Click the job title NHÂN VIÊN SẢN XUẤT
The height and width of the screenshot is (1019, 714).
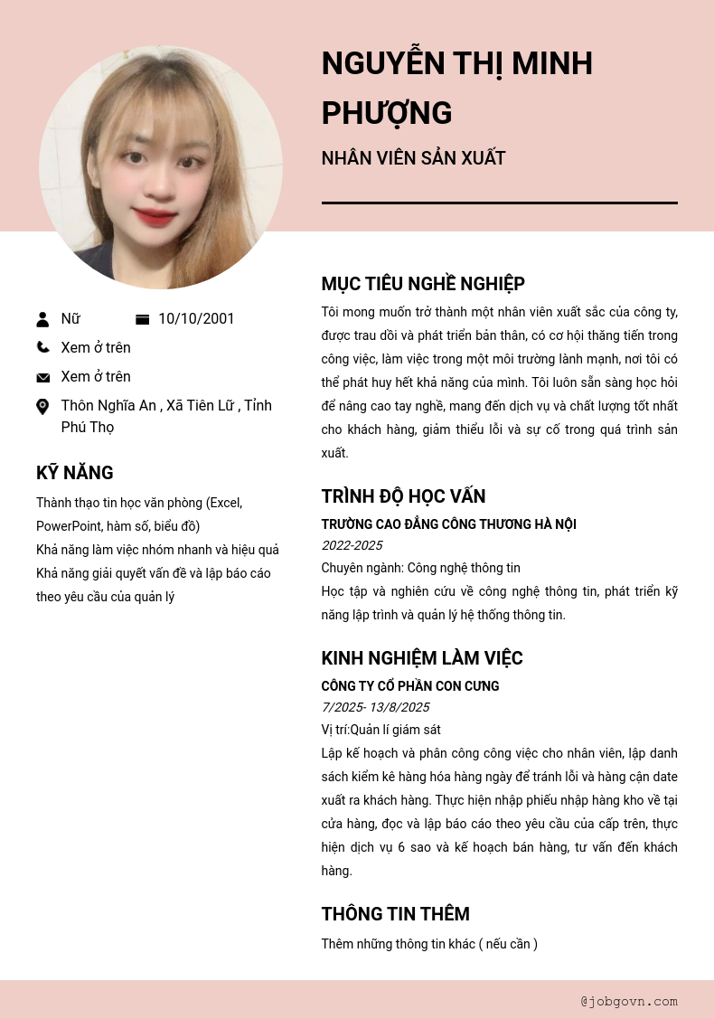413,158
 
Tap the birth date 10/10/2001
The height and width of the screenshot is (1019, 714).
196,318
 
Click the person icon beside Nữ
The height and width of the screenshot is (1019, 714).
42,319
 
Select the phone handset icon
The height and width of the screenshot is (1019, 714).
42,347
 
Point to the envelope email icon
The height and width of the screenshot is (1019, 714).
42,377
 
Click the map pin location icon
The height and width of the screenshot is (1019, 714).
42,407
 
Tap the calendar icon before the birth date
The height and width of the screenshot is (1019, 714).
142,319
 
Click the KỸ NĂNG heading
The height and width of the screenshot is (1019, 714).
74,473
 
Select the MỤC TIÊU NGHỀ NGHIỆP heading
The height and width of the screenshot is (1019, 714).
423,284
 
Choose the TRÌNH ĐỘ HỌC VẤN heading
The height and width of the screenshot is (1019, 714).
403,496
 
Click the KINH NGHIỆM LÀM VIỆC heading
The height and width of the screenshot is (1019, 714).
422,658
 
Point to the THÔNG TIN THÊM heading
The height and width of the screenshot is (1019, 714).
395,914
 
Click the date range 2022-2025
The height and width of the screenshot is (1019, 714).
352,545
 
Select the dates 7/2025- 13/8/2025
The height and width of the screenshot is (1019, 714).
375,707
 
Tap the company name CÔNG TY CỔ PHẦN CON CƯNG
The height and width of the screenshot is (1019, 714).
409,686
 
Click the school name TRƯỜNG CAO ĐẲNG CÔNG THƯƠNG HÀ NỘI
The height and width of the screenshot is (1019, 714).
448,524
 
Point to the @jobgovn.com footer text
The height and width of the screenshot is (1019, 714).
629,1001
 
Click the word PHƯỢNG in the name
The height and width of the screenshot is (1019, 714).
387,113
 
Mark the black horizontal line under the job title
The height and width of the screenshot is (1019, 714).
499,203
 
